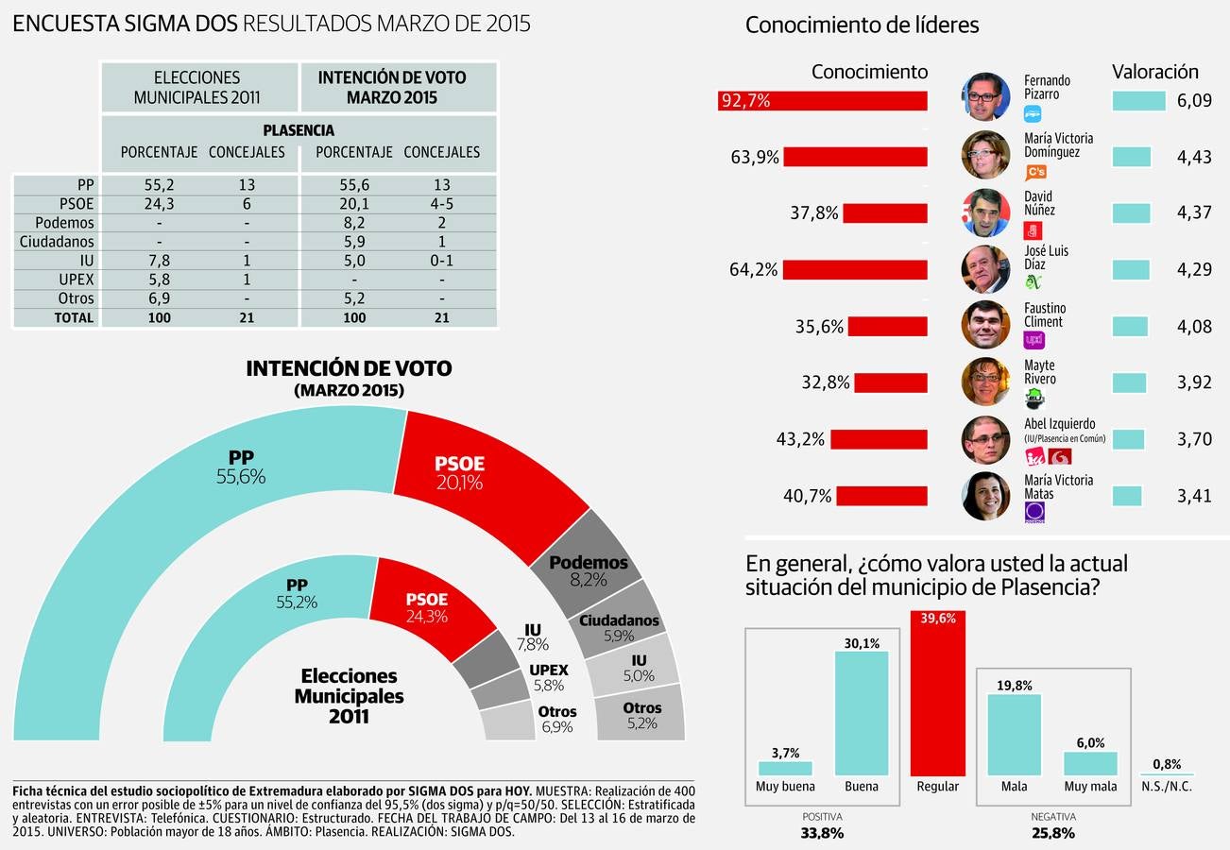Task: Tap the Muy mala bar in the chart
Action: [x=1090, y=764]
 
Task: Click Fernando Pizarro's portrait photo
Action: [x=985, y=97]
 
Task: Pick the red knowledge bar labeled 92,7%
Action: [x=822, y=100]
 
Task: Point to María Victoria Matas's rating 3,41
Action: [x=1194, y=496]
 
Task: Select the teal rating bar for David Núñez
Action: [x=1131, y=213]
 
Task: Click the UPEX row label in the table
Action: [x=77, y=280]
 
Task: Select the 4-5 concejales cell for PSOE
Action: [x=441, y=204]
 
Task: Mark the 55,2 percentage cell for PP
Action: [x=159, y=185]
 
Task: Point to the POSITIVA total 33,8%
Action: [x=821, y=833]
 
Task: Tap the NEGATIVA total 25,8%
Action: [x=1052, y=833]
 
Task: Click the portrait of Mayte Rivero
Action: [x=985, y=382]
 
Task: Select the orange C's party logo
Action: [x=1035, y=172]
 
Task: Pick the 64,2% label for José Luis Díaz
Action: [x=753, y=270]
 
